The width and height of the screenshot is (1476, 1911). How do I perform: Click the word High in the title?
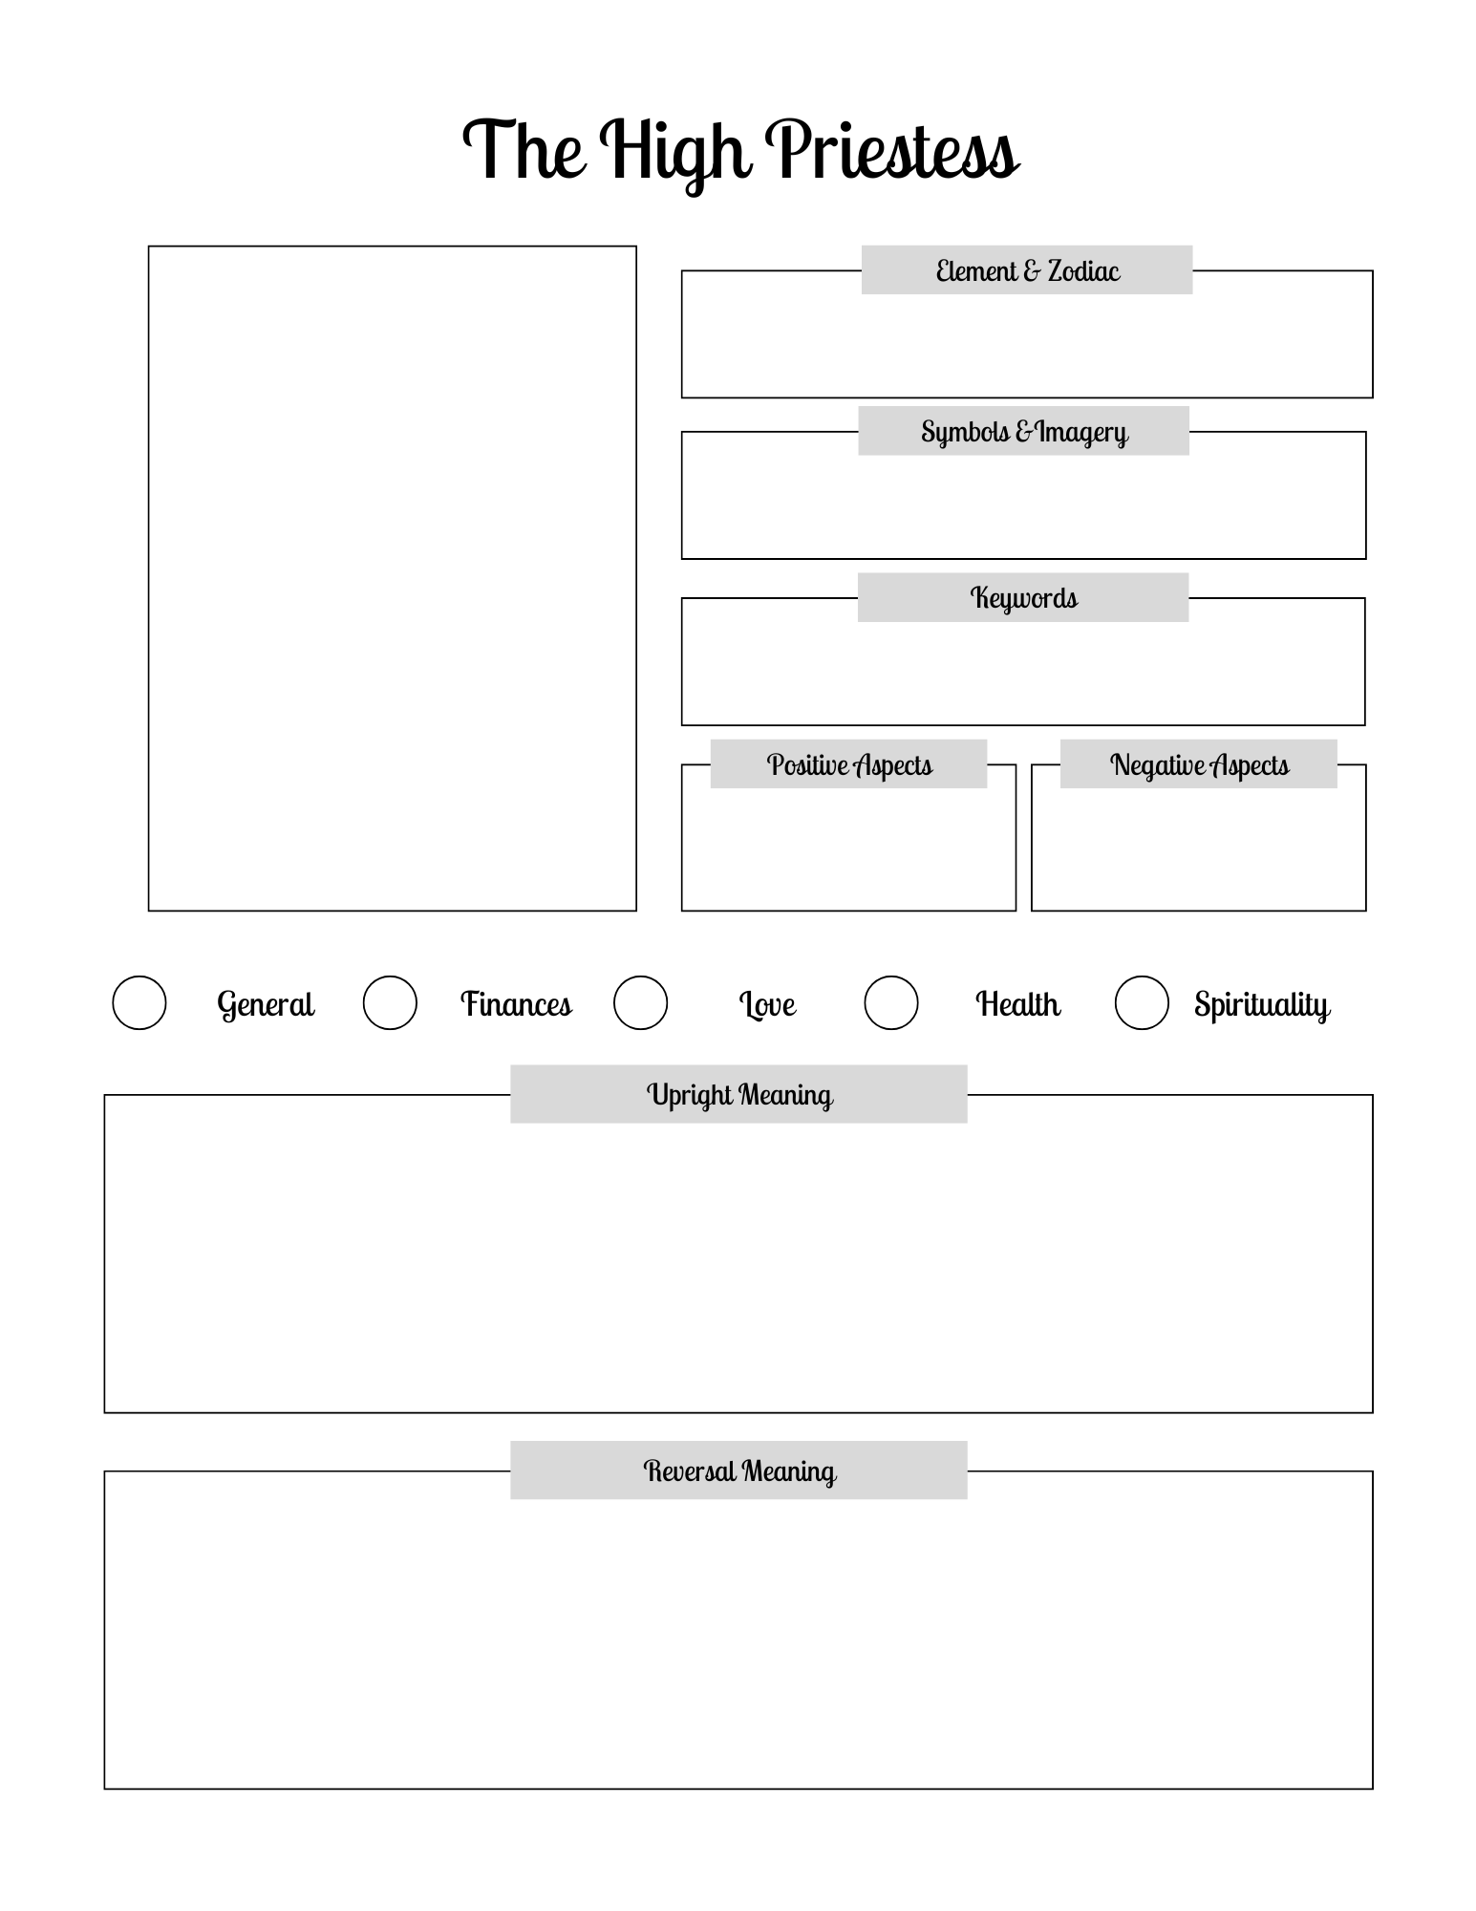click(674, 151)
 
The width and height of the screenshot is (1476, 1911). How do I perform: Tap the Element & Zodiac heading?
click(1027, 270)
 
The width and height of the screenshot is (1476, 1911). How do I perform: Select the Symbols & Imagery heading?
click(1024, 432)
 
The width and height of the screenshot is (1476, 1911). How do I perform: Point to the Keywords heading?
click(1023, 598)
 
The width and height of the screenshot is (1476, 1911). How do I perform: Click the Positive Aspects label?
click(849, 764)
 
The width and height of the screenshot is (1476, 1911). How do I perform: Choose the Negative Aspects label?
click(1199, 764)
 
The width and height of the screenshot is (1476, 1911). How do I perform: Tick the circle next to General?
click(139, 1002)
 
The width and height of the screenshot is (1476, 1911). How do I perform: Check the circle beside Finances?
click(390, 1002)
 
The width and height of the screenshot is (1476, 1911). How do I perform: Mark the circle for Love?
click(640, 1002)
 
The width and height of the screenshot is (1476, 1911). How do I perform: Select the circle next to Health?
click(891, 1002)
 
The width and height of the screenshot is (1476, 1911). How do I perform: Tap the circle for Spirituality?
click(1142, 1002)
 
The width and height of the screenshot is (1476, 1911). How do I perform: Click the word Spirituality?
click(1261, 1004)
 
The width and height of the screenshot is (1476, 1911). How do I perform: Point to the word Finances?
click(516, 1004)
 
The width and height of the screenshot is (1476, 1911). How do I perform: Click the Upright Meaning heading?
click(739, 1094)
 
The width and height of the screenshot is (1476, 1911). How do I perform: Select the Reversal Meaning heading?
click(739, 1471)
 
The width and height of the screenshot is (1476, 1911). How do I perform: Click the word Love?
click(767, 1004)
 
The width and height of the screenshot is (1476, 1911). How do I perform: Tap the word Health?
click(1017, 1004)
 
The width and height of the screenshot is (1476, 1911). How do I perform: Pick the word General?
click(266, 1004)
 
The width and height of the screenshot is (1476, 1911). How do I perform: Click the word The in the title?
click(524, 151)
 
